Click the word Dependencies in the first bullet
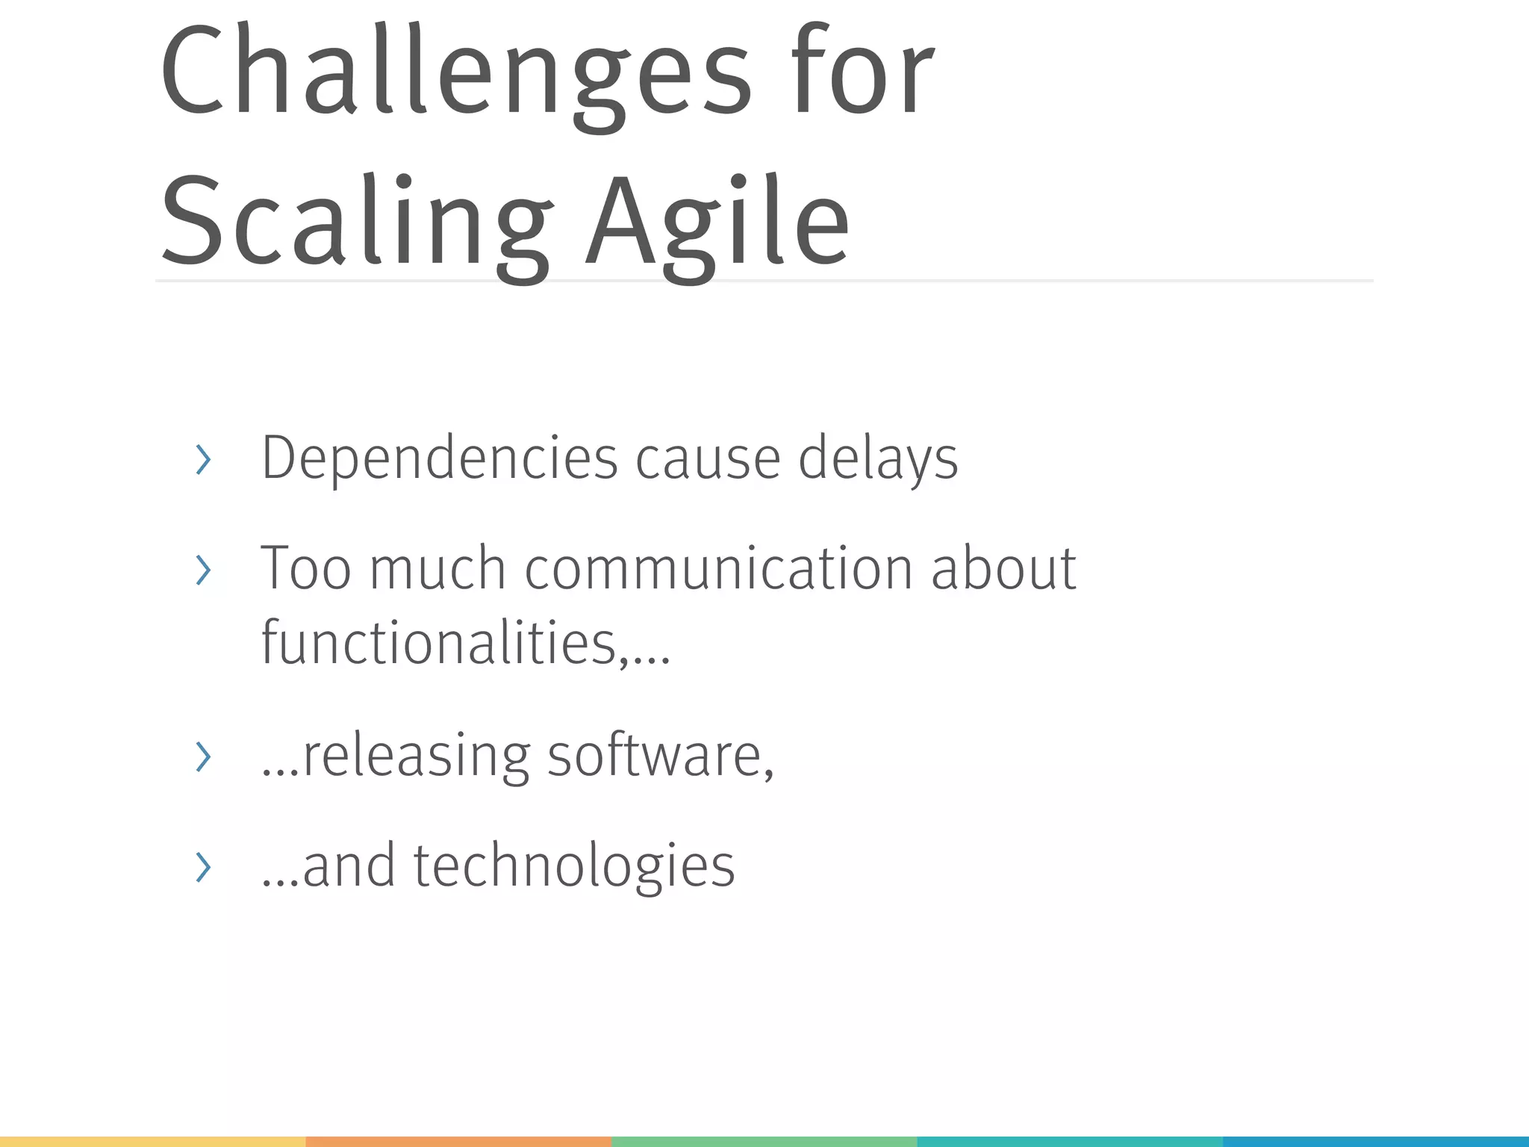(x=439, y=459)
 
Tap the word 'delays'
(x=878, y=459)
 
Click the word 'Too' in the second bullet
(x=305, y=569)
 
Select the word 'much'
(x=438, y=569)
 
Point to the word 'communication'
(x=718, y=569)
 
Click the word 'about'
(x=1003, y=569)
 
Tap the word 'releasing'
(x=417, y=756)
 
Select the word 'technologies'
(x=573, y=866)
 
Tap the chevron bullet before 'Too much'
(x=203, y=571)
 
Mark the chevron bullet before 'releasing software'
(x=203, y=757)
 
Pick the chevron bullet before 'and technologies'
(x=203, y=868)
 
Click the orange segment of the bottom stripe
(x=458, y=1141)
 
